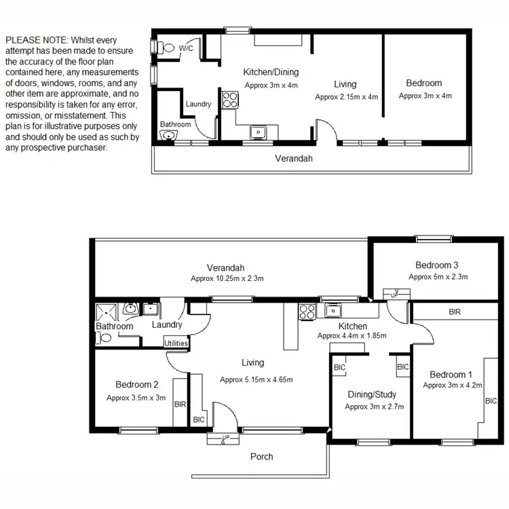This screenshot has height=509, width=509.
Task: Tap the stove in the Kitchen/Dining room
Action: [229, 100]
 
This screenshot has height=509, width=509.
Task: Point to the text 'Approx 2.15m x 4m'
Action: [346, 97]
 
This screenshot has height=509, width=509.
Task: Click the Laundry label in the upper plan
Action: [198, 104]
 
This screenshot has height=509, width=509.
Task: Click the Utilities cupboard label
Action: [176, 343]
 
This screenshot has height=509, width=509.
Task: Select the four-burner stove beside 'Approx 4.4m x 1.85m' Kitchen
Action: [307, 313]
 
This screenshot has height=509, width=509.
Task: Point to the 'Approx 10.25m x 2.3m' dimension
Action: [227, 278]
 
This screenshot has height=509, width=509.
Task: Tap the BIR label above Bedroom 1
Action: [455, 312]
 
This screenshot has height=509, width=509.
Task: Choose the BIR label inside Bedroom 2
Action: [180, 404]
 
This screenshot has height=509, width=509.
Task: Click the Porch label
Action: [262, 456]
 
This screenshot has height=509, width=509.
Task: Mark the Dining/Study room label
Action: [372, 394]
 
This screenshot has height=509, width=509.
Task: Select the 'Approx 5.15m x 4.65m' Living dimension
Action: [257, 379]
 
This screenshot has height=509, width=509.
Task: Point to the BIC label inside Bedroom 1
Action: [491, 401]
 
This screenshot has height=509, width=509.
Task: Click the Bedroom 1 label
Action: [448, 375]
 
